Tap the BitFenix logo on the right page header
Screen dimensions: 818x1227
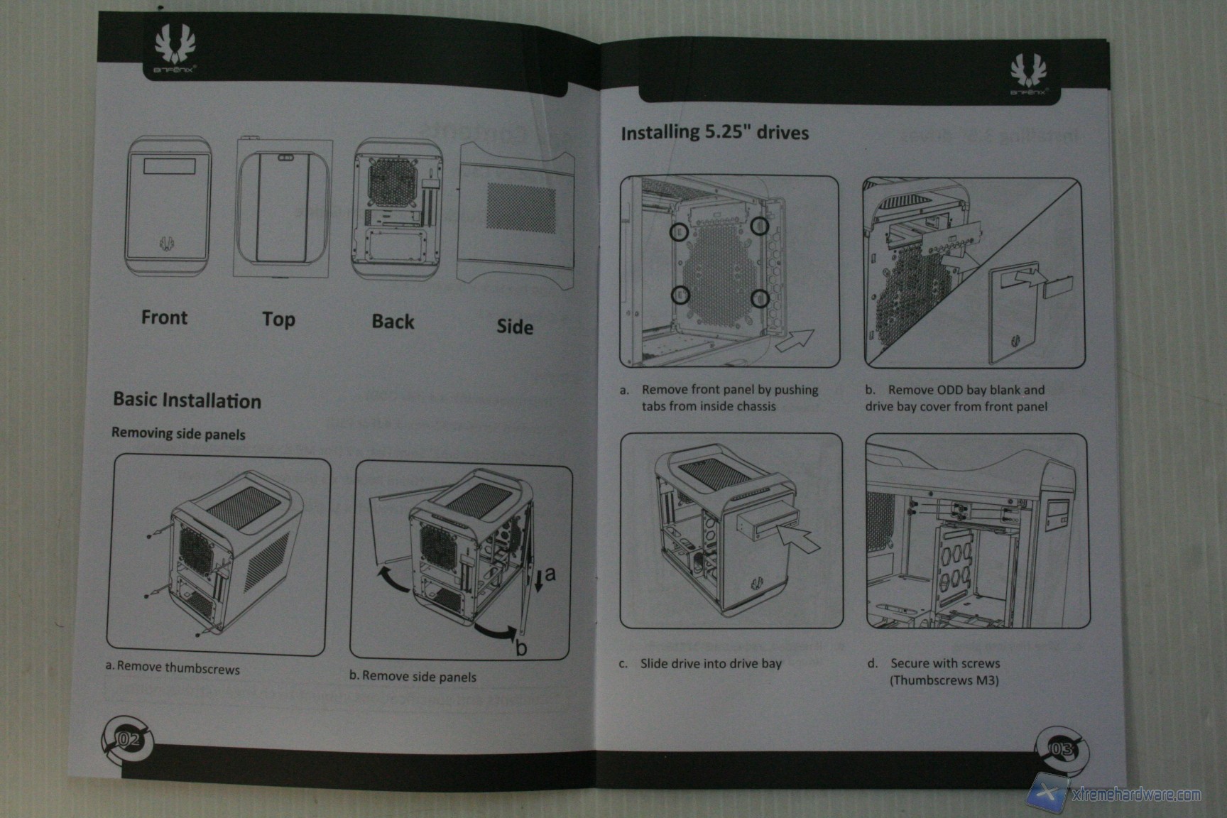(x=1028, y=76)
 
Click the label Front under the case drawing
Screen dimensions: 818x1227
(x=164, y=317)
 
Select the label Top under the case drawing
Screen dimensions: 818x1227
(x=278, y=319)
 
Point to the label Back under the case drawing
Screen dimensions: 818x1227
(x=393, y=321)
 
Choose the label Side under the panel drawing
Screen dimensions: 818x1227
(x=515, y=326)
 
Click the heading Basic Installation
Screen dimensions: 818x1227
(x=187, y=400)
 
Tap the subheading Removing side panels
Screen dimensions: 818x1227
(x=178, y=433)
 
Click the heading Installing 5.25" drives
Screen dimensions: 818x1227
(x=714, y=133)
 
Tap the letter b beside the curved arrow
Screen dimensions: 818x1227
(x=521, y=648)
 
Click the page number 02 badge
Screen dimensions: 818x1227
(x=129, y=740)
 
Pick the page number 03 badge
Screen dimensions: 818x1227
(x=1061, y=748)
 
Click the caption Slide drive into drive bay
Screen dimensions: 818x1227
(x=710, y=663)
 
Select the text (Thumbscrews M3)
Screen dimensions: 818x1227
(x=944, y=680)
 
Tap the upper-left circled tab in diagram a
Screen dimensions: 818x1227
(x=679, y=231)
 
